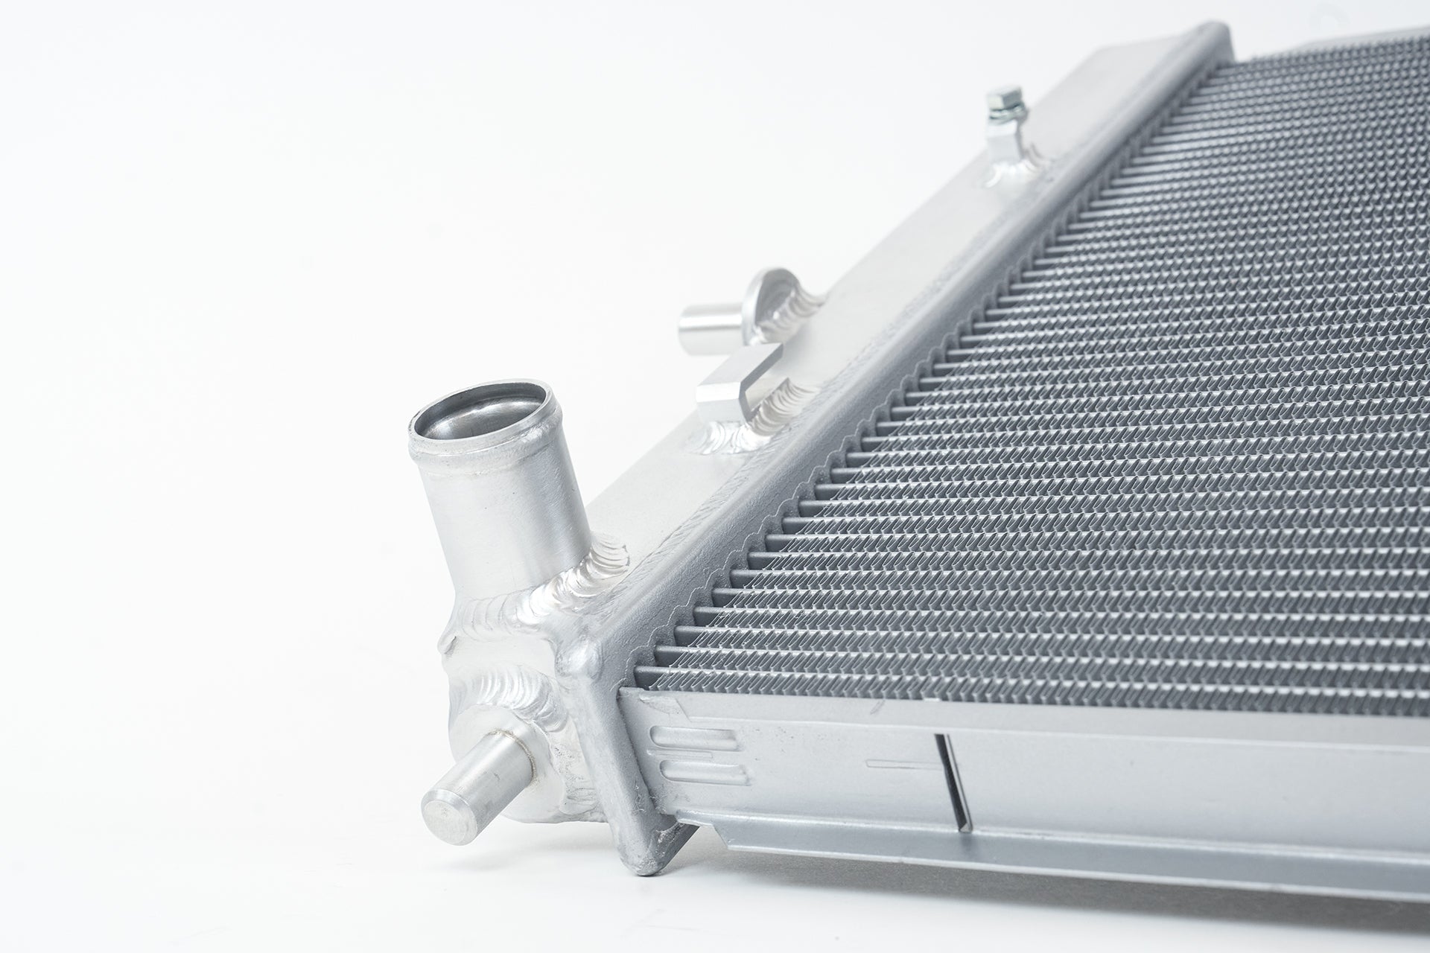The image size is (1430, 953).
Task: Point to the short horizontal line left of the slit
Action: click(897, 763)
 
